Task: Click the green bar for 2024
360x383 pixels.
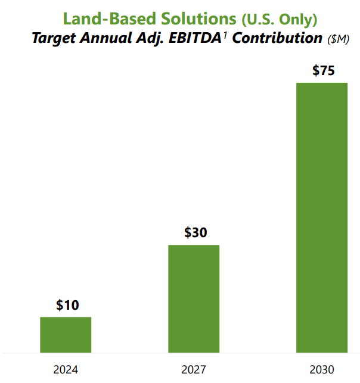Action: click(x=66, y=335)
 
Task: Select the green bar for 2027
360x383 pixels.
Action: click(x=194, y=298)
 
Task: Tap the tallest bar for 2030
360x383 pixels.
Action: click(x=322, y=217)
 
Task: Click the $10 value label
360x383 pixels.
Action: click(x=67, y=306)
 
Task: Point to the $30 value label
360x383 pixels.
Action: click(x=195, y=233)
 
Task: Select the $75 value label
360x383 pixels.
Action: click(x=323, y=71)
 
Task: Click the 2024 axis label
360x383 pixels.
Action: click(x=66, y=369)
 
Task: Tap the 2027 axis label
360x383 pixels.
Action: click(x=194, y=369)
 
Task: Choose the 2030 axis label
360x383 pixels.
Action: click(x=322, y=369)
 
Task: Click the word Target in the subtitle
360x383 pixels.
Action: click(x=53, y=39)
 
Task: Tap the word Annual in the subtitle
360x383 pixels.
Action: click(x=106, y=39)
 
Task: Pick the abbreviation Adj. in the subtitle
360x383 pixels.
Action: click(x=147, y=39)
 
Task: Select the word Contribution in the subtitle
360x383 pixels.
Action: click(x=276, y=39)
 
